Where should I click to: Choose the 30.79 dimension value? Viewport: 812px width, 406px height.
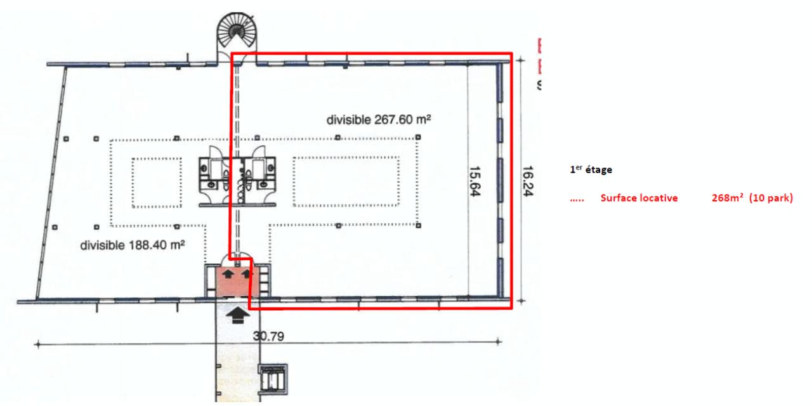point(269,337)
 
